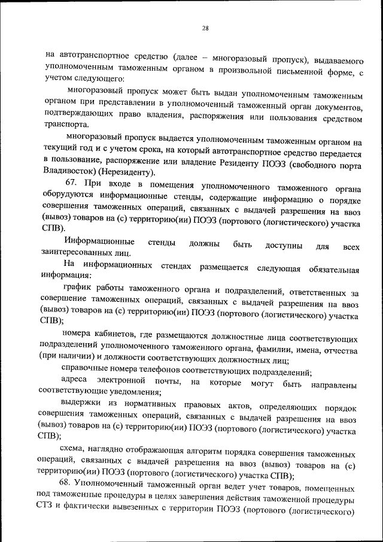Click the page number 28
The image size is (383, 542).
tap(205, 28)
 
